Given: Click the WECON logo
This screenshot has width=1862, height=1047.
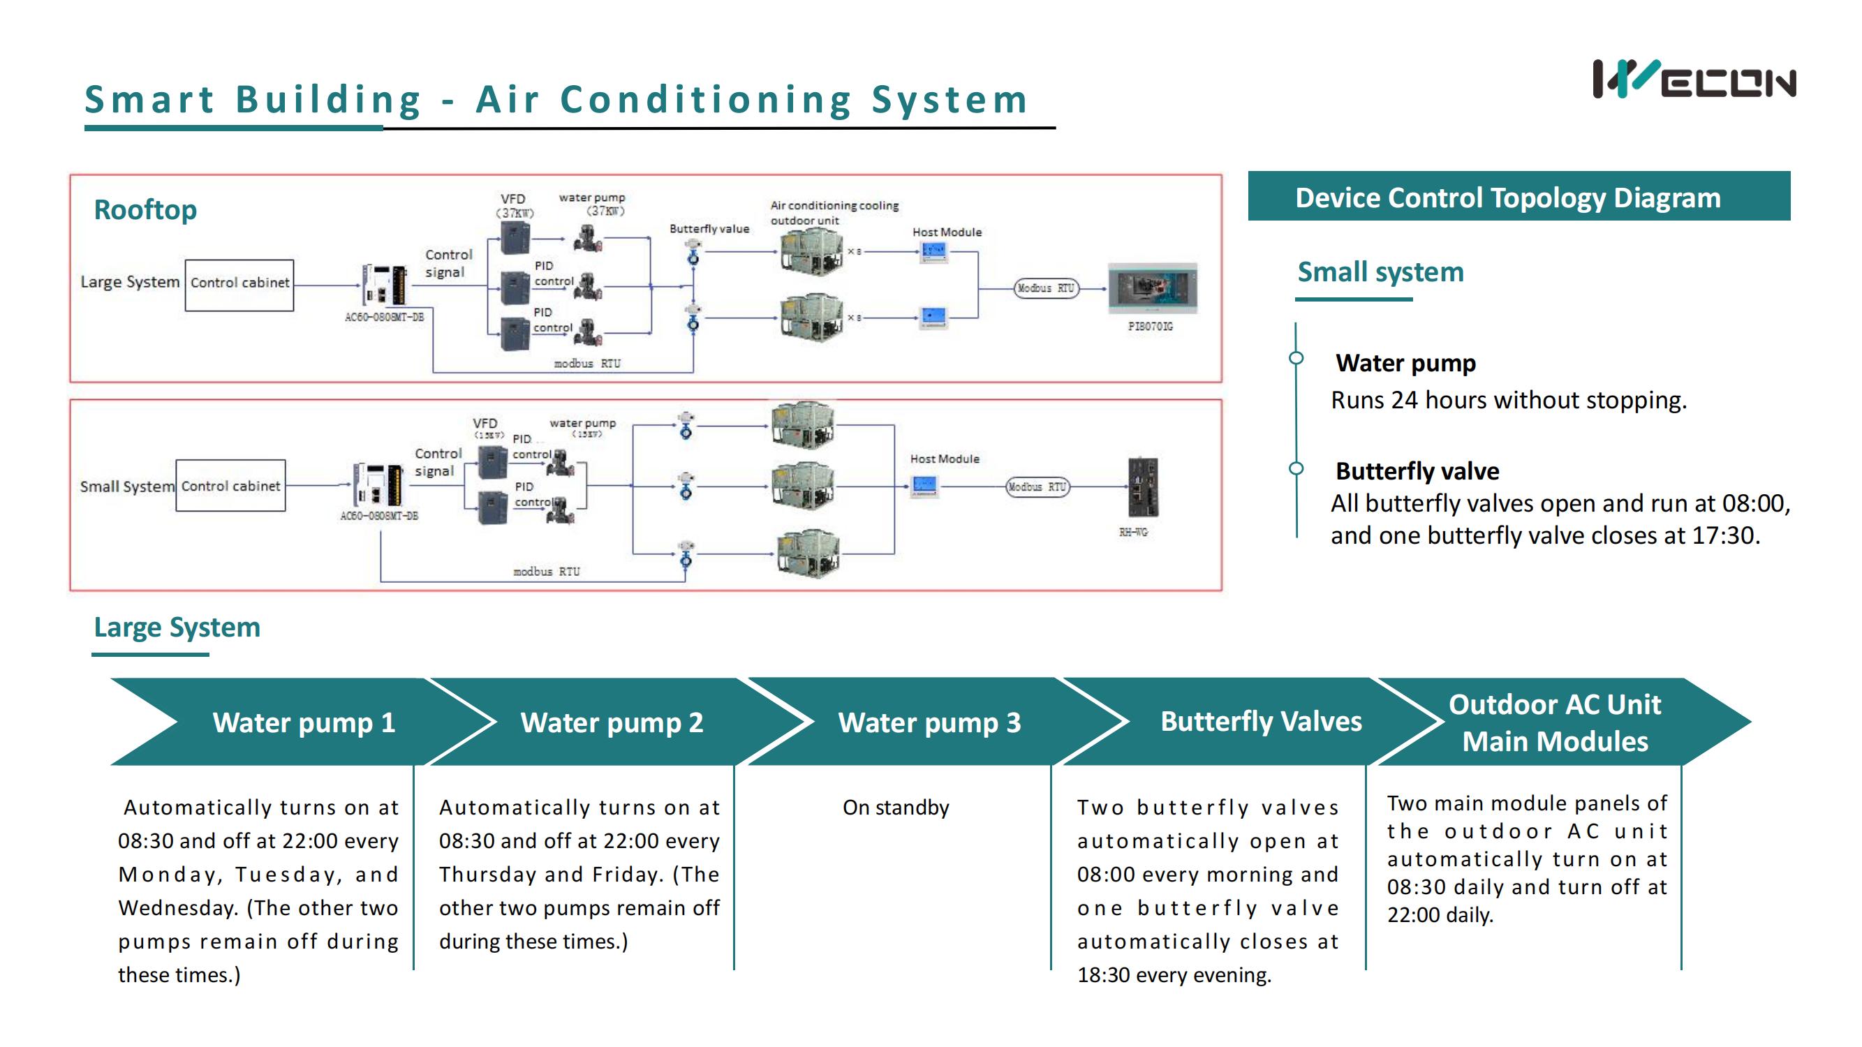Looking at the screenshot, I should [1694, 80].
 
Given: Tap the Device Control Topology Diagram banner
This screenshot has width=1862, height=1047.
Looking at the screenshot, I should [1518, 197].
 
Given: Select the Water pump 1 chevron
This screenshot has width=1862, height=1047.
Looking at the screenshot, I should [304, 722].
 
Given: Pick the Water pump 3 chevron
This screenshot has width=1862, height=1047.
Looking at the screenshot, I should [929, 722].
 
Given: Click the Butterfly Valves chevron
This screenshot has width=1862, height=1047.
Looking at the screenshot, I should [1260, 721].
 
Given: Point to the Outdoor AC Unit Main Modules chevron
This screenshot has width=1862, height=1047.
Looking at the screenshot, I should [1554, 722].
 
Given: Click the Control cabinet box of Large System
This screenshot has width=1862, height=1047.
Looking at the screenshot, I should [239, 283].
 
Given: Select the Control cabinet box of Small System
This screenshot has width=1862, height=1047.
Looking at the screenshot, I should [230, 487].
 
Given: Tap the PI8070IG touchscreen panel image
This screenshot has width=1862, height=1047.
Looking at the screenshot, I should [1152, 288].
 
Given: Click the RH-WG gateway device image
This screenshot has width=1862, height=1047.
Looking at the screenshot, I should [1143, 487].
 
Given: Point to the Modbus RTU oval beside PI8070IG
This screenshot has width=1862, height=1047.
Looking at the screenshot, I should [1045, 288].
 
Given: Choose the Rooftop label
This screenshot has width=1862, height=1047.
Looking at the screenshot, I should [145, 209].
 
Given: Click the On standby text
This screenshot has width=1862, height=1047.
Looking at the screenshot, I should [896, 807].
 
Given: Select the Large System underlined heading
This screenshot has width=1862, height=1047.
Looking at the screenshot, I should [177, 628].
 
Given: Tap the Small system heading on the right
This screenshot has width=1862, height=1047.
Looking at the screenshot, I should [1380, 272].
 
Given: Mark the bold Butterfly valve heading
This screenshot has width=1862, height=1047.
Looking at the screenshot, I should [1417, 471].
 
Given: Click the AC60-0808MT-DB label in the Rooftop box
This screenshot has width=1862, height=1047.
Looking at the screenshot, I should [384, 317].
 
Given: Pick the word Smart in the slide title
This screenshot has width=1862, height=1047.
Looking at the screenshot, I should [149, 100].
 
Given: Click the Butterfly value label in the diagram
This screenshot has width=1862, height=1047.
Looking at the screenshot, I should [709, 229].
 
